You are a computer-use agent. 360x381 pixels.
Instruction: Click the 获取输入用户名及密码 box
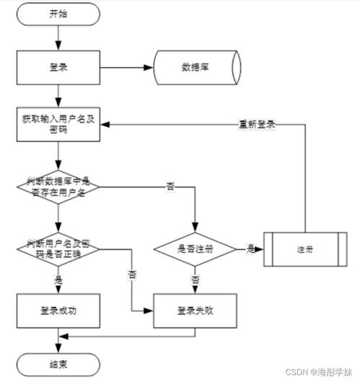click(x=58, y=123)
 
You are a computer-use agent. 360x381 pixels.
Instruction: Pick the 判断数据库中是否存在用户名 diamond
click(x=58, y=187)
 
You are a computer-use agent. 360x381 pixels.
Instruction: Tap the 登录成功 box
click(x=58, y=310)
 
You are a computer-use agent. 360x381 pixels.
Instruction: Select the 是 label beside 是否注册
click(x=250, y=248)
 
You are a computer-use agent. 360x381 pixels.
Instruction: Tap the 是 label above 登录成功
click(x=58, y=278)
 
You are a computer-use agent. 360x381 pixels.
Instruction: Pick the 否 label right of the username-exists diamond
click(x=171, y=187)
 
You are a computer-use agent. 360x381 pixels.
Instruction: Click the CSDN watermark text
click(x=317, y=372)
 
